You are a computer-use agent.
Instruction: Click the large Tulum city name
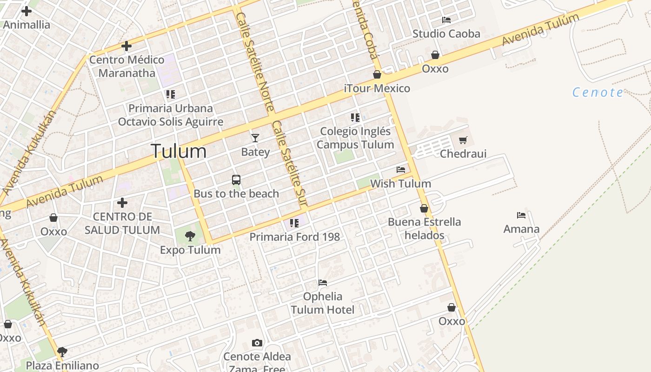tap(179, 151)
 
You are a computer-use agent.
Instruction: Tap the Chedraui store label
tap(463, 153)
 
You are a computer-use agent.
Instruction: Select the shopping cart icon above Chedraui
tap(463, 140)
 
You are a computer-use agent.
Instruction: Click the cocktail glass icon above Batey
tap(255, 138)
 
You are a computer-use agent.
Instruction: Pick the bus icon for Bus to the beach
tap(236, 180)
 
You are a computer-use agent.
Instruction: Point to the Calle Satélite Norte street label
tap(254, 60)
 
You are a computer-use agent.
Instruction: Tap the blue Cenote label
tap(598, 92)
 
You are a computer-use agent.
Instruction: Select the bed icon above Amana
tap(521, 215)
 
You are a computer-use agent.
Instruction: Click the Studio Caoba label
tap(446, 33)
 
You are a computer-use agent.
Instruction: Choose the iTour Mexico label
tap(377, 88)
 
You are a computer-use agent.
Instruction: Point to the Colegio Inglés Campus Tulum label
tap(355, 138)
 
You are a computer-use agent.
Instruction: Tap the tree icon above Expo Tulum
tap(190, 236)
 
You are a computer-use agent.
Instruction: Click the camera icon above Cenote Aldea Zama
tap(257, 343)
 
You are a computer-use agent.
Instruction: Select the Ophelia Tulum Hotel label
tap(323, 303)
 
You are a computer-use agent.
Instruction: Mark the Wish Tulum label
tap(400, 184)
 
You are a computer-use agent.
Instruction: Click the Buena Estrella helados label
tap(424, 228)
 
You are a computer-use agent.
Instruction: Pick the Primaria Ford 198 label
tap(295, 237)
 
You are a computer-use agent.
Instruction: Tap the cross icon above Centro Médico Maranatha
tap(126, 46)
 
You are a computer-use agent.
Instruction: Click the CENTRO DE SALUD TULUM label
tap(122, 223)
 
